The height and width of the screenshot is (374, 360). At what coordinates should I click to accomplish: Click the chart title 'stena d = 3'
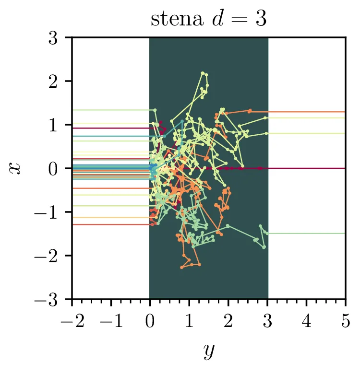(208, 20)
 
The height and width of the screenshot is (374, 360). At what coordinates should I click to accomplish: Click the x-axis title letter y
(208, 351)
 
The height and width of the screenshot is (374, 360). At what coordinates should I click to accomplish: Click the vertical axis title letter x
(15, 168)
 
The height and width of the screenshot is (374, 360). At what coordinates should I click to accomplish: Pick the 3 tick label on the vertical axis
(60, 38)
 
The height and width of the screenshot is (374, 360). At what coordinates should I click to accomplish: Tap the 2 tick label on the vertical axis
(60, 82)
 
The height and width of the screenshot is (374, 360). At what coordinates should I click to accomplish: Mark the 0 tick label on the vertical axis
(60, 169)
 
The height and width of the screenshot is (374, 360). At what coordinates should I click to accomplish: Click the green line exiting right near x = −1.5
(307, 234)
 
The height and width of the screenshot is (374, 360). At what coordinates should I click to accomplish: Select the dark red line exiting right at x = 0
(307, 168)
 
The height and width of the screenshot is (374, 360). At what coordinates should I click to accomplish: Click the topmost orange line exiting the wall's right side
(307, 112)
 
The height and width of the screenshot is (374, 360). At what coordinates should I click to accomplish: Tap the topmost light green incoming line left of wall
(110, 110)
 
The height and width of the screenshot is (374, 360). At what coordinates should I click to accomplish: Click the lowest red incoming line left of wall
(110, 224)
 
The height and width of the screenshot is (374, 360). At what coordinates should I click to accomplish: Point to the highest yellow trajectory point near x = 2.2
(203, 73)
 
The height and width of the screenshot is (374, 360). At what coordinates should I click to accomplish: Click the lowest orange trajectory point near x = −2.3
(182, 267)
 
